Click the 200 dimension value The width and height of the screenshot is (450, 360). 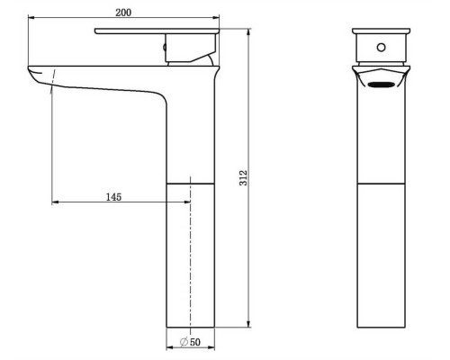point(123,13)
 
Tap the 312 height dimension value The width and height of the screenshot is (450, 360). point(244,178)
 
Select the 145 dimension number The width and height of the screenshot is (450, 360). point(113,197)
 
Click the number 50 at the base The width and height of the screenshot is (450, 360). point(195,342)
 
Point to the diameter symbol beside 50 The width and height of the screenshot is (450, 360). point(184,342)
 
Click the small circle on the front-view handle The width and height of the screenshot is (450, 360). point(381,48)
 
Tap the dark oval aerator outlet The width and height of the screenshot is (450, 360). point(381,85)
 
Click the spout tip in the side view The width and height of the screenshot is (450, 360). point(33,73)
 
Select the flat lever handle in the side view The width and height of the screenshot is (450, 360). point(157,31)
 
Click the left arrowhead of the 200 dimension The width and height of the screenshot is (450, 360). point(31,18)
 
